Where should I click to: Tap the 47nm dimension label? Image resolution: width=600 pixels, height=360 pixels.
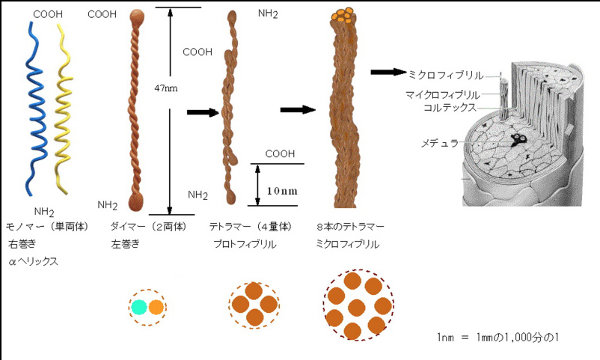click(x=165, y=88)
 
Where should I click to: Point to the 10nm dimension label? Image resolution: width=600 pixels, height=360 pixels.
click(x=282, y=191)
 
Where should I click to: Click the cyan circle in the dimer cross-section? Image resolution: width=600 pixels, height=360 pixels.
click(x=139, y=307)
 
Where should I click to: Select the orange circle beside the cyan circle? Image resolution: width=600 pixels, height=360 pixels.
click(x=156, y=307)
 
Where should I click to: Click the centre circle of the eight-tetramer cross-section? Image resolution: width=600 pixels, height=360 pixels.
click(x=357, y=307)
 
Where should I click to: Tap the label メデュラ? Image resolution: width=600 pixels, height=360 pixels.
click(x=440, y=143)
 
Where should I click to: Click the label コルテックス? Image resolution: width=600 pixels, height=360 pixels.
click(x=450, y=108)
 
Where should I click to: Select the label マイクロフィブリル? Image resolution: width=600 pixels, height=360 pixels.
click(x=443, y=94)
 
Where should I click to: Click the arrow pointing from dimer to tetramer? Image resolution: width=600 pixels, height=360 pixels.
click(x=203, y=112)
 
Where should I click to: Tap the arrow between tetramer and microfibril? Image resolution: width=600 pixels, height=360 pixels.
click(x=298, y=110)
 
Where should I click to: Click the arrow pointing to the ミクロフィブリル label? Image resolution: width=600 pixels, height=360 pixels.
click(x=388, y=72)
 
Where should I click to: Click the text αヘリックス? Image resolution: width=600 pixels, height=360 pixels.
click(x=33, y=261)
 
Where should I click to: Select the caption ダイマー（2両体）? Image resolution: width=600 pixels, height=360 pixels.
click(x=148, y=227)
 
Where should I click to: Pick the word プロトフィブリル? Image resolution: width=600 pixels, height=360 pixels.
click(x=245, y=244)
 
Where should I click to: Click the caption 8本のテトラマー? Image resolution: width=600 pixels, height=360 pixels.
click(x=350, y=227)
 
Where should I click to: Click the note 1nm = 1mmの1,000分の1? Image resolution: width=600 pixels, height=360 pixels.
click(x=498, y=338)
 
